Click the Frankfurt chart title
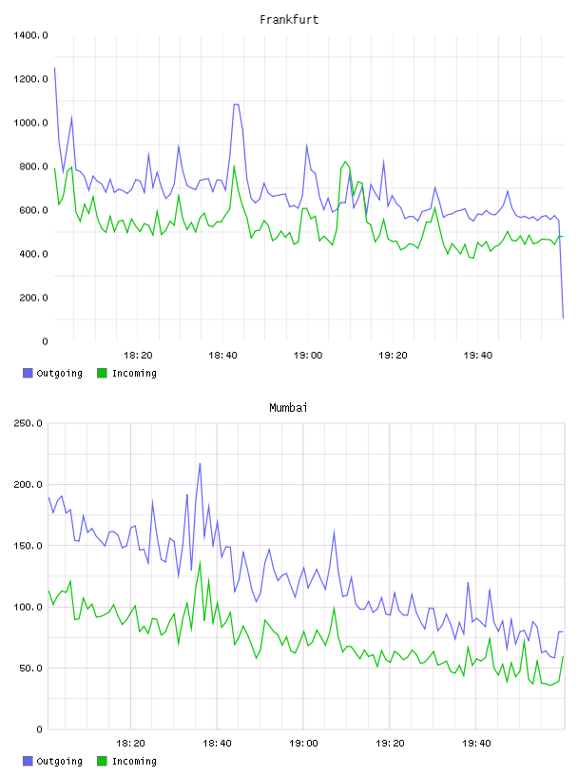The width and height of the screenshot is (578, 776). point(289,19)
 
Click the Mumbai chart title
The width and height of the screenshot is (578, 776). point(288,407)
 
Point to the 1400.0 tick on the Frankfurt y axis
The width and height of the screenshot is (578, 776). point(30,35)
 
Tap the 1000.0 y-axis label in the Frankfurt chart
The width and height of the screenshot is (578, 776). point(30,123)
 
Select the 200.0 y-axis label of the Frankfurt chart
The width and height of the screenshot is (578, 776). point(33,298)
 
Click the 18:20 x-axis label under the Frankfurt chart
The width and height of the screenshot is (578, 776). point(138,355)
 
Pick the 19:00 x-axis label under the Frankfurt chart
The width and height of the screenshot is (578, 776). point(308,355)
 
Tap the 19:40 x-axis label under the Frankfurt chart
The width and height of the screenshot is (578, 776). point(478,355)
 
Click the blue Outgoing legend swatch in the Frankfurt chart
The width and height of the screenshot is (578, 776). point(28,373)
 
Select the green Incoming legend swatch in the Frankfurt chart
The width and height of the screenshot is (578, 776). point(102,373)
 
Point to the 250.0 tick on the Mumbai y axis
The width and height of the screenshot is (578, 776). point(29,423)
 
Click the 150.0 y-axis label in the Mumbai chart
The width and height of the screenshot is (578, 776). point(29,545)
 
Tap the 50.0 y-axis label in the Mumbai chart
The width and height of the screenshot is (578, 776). point(30,669)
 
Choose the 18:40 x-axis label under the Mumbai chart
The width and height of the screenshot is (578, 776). point(218,743)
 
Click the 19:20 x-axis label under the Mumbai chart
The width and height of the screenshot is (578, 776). point(390,743)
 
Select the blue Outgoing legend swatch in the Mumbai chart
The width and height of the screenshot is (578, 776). point(28,761)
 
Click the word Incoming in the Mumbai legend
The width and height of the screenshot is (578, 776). point(134,761)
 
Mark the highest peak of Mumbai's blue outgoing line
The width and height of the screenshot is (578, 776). point(200,463)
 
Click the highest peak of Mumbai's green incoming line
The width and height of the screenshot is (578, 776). point(200,562)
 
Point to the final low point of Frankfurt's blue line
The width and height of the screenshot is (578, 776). point(563,318)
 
